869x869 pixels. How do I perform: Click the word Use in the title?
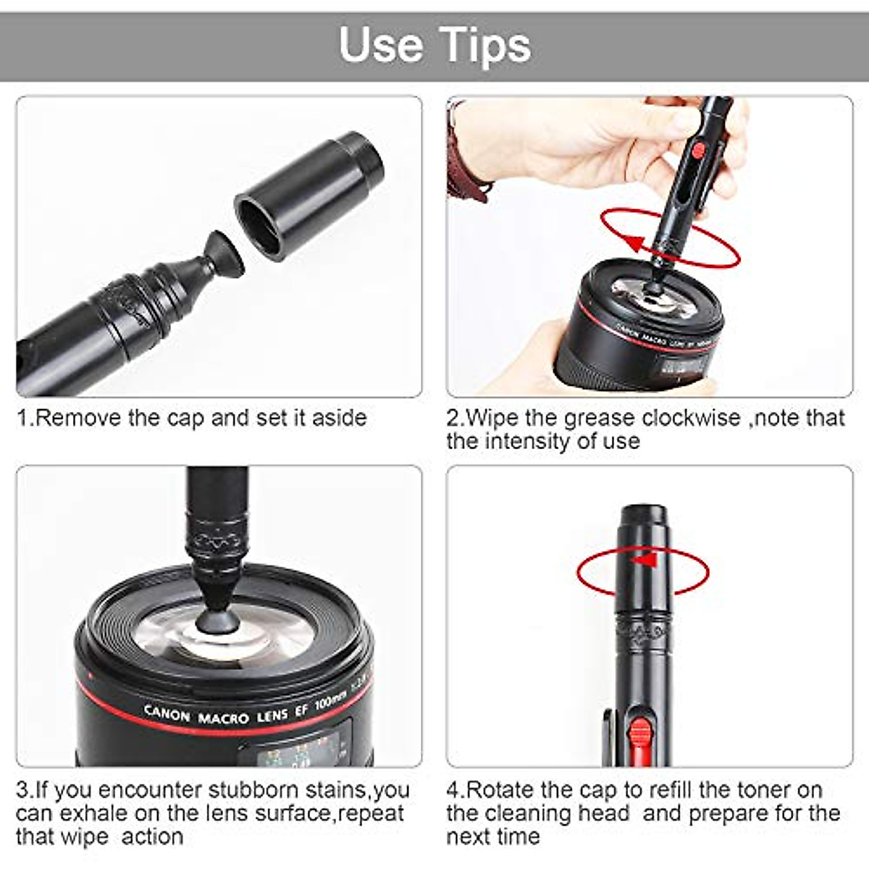coord(381,45)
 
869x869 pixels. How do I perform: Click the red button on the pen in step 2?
coord(698,151)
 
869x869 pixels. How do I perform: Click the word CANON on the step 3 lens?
coord(167,713)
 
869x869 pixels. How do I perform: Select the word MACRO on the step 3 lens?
coord(223,719)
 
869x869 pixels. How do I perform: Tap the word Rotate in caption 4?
coord(501,789)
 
